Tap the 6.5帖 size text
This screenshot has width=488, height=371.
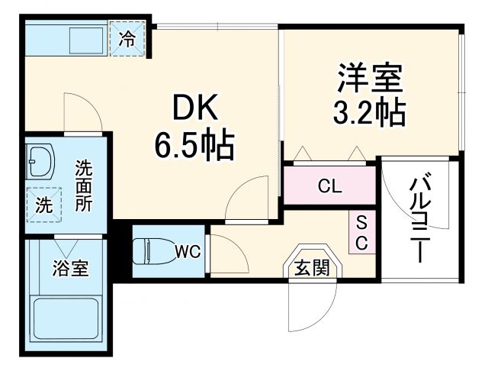pos(194,146)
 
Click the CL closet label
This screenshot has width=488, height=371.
pos(329,185)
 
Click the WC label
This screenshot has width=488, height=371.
pos(188,250)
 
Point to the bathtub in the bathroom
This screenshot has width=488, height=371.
pos(66,321)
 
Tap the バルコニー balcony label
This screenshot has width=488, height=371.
pos(420,218)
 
